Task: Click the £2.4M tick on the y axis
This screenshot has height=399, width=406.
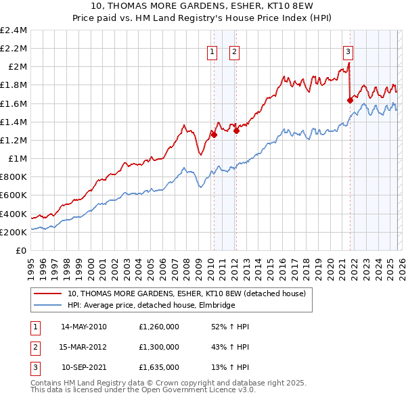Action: coord(14,30)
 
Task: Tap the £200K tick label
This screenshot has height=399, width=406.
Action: coord(14,232)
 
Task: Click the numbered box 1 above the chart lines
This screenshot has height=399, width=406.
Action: coord(212,51)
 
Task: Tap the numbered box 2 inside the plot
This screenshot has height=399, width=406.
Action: coord(234,51)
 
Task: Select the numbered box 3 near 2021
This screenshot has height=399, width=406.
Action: coord(348,51)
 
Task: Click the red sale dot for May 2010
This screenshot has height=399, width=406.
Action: coord(214,135)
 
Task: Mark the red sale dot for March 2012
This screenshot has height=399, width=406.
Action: coord(236,131)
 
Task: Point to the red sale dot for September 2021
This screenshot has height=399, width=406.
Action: coord(350,100)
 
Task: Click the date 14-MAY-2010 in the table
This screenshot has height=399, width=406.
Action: coord(84,326)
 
